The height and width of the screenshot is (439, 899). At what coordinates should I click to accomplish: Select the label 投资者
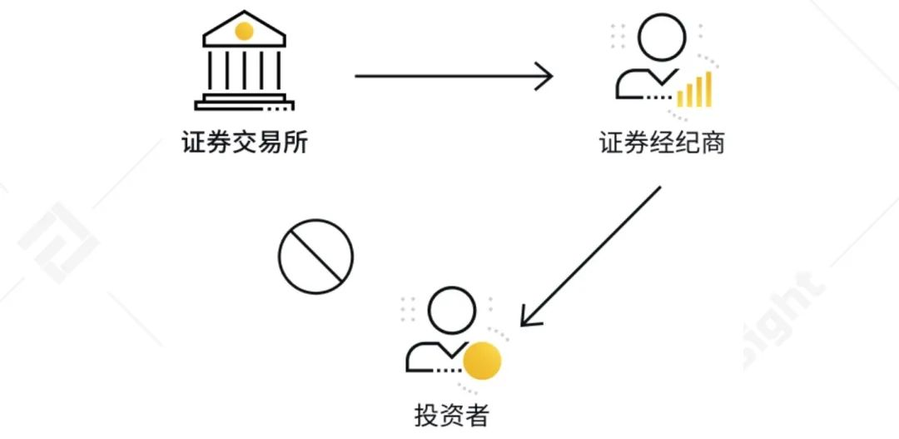coord(451,416)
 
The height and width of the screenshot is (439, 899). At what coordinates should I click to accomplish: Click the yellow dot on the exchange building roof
coord(244,31)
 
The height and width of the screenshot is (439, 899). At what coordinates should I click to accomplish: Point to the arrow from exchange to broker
coord(454,76)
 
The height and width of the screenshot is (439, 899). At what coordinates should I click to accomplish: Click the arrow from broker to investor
coord(590,256)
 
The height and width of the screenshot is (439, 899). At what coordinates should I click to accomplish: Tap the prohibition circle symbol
coord(316,257)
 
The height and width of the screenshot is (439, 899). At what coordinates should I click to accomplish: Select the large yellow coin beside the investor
coord(482,361)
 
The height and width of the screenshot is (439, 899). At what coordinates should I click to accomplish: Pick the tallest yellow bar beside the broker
coord(708,89)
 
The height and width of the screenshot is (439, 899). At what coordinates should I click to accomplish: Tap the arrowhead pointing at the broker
coord(544,76)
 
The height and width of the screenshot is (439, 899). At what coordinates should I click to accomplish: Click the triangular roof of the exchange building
coord(244,29)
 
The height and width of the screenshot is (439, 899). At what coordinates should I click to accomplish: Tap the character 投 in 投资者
coord(426,416)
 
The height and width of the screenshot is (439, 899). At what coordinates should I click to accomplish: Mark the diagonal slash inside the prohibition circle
coord(316,257)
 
